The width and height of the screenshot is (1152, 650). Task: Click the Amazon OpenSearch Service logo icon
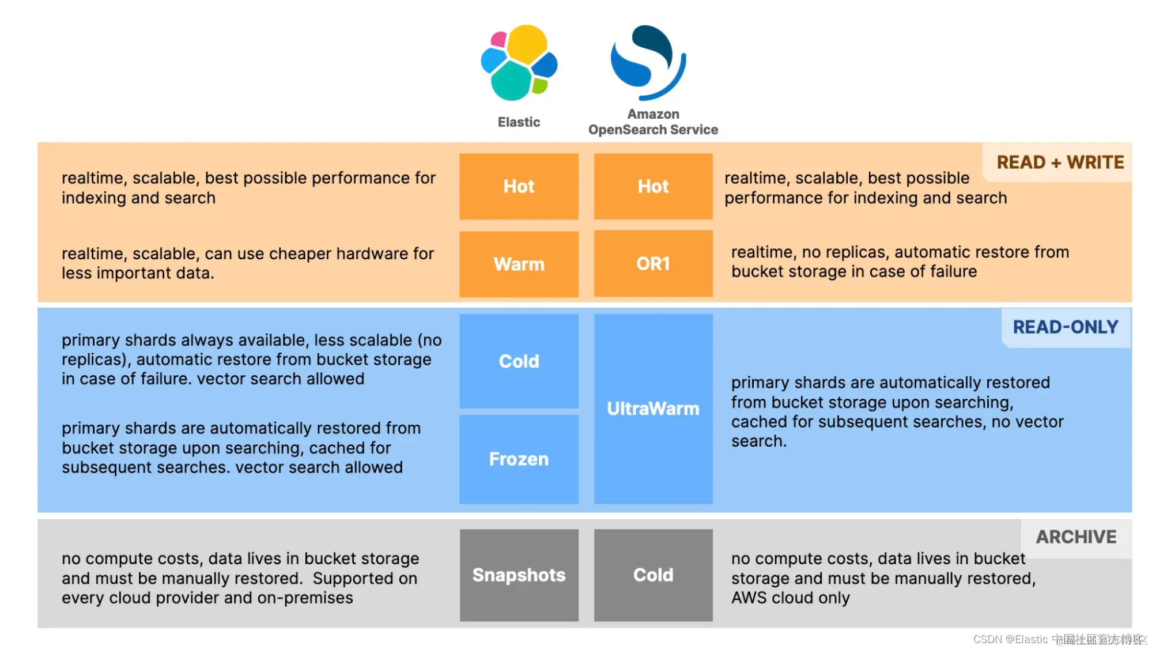coord(648,62)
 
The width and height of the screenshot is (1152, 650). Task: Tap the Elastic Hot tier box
coord(519,186)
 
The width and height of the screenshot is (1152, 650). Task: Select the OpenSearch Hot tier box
coord(653,186)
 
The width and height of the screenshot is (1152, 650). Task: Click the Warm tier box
coord(519,264)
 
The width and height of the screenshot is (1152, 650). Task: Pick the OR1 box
coord(653,264)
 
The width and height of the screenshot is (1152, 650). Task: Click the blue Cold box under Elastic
coord(519,361)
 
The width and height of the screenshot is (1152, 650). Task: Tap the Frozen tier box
coord(519,459)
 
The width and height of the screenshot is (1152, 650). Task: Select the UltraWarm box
coord(653,409)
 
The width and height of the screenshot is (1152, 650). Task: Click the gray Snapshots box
coord(519,575)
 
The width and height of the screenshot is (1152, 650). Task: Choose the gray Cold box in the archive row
coord(653,575)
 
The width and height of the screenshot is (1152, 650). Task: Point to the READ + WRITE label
coord(1060,162)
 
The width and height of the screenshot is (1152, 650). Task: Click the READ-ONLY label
coord(1065,327)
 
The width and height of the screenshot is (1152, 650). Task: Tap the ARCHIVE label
coord(1075,537)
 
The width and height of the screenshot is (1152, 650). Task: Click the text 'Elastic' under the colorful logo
coord(519,122)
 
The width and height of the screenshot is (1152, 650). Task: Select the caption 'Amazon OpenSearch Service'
coord(653,122)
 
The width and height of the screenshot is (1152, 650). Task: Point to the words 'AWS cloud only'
coord(790,598)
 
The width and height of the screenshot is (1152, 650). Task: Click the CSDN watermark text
coord(1059,639)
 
